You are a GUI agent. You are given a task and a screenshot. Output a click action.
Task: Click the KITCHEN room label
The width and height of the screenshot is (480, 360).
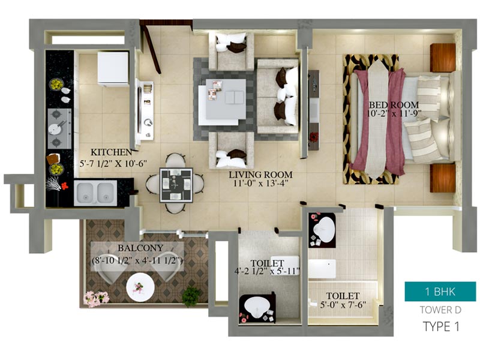(112, 152)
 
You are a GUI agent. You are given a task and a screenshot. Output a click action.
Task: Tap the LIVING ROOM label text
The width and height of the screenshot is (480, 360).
(261, 175)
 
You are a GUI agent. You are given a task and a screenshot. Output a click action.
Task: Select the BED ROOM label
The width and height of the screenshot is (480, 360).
(394, 105)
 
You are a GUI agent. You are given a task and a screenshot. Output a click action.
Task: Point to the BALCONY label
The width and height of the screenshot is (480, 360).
(140, 248)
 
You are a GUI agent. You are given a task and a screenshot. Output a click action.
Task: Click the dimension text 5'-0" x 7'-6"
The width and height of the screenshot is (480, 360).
(343, 305)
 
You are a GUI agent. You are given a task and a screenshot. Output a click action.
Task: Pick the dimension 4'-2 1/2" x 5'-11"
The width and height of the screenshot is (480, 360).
(267, 271)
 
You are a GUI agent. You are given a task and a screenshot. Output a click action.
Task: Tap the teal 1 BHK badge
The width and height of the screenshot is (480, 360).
(440, 292)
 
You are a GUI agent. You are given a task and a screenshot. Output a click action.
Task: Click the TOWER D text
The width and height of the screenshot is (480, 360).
(440, 310)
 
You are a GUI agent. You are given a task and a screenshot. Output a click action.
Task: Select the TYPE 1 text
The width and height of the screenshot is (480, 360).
(441, 326)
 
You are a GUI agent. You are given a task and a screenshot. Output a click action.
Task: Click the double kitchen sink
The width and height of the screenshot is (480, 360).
(95, 193)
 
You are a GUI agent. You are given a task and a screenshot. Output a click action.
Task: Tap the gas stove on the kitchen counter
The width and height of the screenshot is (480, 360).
(59, 128)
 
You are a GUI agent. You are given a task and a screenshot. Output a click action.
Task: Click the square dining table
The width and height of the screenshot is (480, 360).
(176, 185)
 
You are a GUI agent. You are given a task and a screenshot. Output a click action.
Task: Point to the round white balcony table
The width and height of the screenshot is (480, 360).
(140, 287)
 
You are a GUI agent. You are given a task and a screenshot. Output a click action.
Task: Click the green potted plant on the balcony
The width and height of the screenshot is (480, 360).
(191, 296)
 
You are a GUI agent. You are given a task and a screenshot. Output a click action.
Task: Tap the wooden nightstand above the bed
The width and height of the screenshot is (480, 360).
(443, 58)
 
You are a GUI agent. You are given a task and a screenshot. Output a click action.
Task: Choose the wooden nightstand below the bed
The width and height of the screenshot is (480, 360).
(443, 178)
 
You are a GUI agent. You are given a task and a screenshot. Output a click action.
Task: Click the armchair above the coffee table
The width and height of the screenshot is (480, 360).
(232, 52)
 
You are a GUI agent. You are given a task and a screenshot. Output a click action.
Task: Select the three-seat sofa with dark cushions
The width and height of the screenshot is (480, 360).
(278, 97)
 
